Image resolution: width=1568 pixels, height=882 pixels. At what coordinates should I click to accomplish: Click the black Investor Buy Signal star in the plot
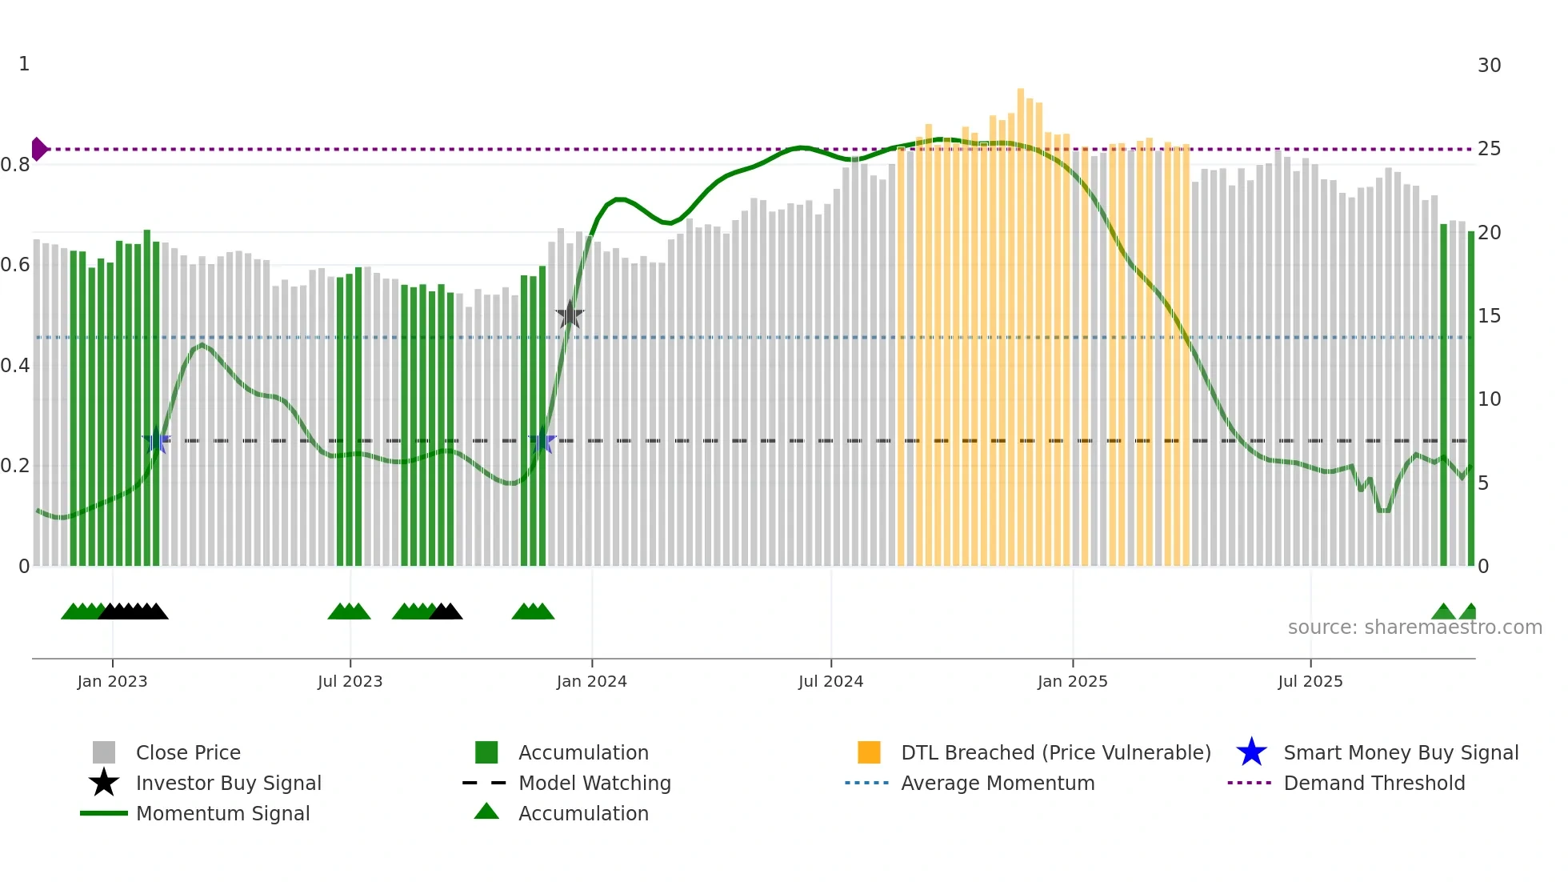pos(570,315)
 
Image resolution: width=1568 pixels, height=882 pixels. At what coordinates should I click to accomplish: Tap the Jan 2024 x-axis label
pos(591,681)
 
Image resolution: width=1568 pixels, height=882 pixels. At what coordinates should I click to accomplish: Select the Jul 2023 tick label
pos(350,681)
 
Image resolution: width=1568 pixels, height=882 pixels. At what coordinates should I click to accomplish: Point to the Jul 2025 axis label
pos(1310,681)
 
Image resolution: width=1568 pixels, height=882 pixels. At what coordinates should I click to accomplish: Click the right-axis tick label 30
pos(1489,66)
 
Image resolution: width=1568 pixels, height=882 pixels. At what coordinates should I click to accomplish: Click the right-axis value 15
pos(1489,316)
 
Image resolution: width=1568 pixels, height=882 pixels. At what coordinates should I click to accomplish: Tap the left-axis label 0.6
pos(16,265)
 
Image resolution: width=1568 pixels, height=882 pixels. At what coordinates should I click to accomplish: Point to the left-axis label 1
pos(24,64)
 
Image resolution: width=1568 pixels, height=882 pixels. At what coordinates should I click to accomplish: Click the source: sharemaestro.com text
pos(1414,627)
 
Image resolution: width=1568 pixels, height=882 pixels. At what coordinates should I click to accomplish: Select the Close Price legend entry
pos(188,752)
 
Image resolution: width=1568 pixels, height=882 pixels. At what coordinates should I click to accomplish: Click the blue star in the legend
pos(1251,752)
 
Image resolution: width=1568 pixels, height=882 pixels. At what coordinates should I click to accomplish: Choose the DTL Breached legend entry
pos(1055,752)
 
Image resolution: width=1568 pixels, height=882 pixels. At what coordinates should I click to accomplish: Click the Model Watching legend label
pos(594,783)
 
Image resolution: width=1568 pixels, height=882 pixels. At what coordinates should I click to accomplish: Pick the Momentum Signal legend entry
pos(222,813)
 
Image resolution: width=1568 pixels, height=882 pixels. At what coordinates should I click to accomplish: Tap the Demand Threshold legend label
pos(1374,783)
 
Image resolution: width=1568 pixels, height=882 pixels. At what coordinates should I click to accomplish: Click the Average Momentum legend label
pos(998,783)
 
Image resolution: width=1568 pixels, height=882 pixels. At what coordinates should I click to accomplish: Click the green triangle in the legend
pos(486,812)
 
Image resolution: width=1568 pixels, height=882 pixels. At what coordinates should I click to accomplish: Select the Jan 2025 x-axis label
pos(1072,681)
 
